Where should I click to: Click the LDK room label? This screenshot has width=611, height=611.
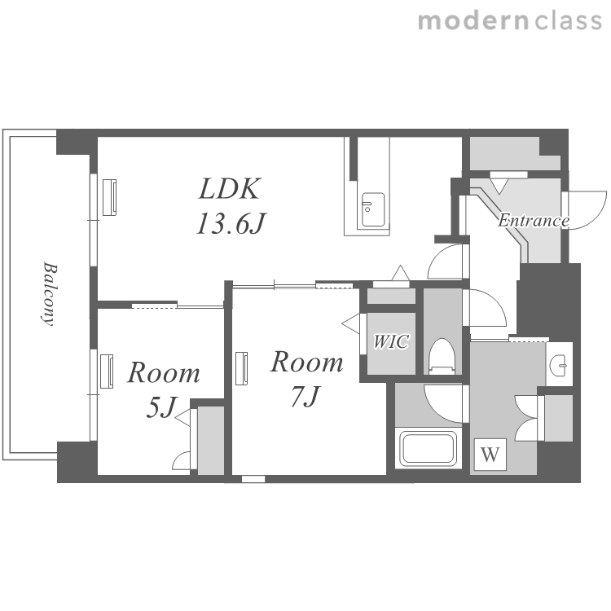(x=229, y=189)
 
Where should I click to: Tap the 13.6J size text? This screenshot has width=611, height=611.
(x=231, y=224)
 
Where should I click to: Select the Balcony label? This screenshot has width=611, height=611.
(x=50, y=293)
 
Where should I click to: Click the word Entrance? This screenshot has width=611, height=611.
(x=533, y=221)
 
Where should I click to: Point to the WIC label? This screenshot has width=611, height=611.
(x=391, y=341)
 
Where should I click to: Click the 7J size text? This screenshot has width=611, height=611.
(x=305, y=396)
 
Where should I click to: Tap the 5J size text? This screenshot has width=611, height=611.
(x=161, y=407)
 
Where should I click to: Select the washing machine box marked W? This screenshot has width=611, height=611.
(x=490, y=455)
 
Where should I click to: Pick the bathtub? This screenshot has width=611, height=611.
(x=429, y=449)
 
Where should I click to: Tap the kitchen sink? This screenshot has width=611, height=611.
(x=373, y=209)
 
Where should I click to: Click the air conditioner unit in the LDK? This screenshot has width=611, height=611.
(x=109, y=197)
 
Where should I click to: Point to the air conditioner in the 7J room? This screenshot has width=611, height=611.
(x=242, y=368)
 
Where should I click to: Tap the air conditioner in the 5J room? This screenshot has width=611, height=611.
(x=107, y=371)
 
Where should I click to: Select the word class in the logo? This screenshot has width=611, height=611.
(x=568, y=21)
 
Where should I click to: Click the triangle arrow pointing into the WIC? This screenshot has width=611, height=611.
(x=351, y=323)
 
